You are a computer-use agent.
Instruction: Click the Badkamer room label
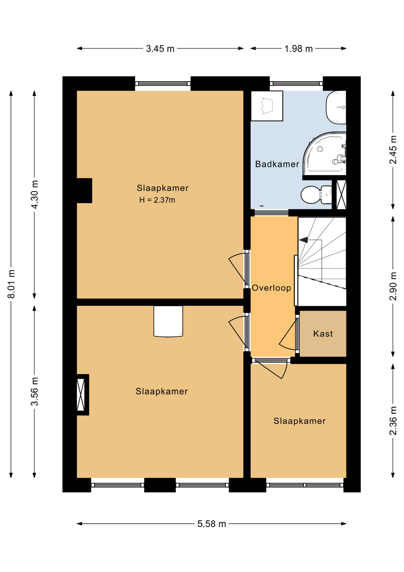(277, 164)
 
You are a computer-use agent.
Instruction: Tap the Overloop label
(271, 288)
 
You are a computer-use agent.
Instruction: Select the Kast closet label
(323, 333)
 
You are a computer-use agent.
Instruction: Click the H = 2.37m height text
(157, 200)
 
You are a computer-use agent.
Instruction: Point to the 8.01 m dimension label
(11, 284)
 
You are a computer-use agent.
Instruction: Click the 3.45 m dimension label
(160, 49)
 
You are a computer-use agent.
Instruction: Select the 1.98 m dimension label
(298, 49)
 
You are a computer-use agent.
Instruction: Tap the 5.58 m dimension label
(212, 523)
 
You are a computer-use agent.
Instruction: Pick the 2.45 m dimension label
(393, 150)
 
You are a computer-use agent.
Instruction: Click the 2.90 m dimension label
(393, 286)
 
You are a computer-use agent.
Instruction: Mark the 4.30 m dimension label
(35, 194)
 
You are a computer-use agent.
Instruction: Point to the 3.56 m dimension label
(35, 391)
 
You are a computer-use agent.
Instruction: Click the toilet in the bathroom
(316, 195)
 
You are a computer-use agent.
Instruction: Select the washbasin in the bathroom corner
(336, 107)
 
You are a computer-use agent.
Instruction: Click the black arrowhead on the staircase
(303, 240)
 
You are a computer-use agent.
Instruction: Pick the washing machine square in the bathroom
(267, 106)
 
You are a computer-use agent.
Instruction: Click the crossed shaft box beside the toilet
(341, 195)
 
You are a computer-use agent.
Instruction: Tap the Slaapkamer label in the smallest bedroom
(299, 421)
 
